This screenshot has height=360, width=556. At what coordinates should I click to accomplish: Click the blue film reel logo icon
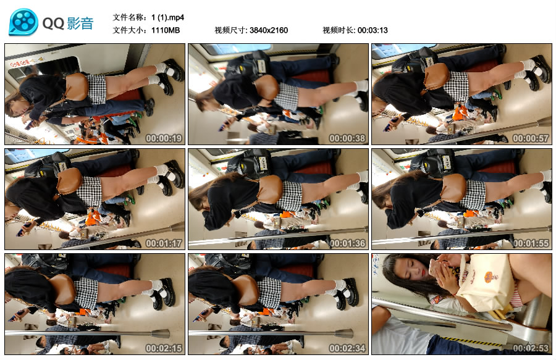(23, 22)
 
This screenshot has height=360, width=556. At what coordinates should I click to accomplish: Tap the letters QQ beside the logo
(53, 23)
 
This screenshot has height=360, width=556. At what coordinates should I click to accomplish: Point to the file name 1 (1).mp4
(167, 17)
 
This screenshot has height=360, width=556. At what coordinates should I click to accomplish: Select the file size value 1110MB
(166, 30)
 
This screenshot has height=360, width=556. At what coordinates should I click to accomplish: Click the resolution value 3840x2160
(269, 30)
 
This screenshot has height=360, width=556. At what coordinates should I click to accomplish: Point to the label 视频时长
(338, 30)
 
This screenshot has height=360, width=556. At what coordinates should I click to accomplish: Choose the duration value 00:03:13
(373, 30)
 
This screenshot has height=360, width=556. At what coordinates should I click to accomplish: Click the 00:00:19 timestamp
(164, 138)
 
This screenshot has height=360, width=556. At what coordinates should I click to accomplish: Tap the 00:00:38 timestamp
(347, 138)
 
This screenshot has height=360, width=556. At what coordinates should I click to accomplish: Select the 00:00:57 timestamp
(531, 138)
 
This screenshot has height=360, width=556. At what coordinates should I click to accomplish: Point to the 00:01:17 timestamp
(164, 243)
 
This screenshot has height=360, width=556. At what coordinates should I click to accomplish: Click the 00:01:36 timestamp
(347, 243)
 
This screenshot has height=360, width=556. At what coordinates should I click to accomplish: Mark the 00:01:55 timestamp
(531, 243)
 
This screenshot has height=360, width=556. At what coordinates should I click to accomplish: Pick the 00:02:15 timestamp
(164, 348)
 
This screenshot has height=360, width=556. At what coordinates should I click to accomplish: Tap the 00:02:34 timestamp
(347, 348)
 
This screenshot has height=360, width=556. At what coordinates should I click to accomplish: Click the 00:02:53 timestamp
(531, 348)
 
